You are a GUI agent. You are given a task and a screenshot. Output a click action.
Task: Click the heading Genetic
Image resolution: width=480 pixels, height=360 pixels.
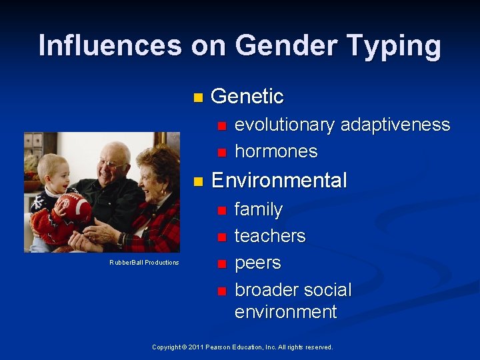pos(247,97)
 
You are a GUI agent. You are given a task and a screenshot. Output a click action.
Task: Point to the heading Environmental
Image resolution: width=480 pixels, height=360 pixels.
pos(279,181)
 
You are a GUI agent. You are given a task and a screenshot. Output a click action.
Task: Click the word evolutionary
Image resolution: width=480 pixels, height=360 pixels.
pos(285,125)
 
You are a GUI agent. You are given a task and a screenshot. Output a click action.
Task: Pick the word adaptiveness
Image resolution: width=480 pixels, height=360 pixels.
pos(395,125)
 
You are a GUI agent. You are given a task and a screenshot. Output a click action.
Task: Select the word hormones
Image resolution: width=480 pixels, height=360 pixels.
pos(276,151)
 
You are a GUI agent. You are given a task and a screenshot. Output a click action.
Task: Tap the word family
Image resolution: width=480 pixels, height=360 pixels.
pos(259,210)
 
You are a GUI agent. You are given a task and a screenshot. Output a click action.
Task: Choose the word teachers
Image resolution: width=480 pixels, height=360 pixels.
pos(270,236)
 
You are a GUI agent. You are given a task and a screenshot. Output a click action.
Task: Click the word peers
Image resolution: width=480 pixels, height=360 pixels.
pos(257,263)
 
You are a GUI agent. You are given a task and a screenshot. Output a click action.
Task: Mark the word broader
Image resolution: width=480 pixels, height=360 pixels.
pos(263,290)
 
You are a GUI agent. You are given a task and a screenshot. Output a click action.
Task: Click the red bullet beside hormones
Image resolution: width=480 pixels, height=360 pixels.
pos(222,152)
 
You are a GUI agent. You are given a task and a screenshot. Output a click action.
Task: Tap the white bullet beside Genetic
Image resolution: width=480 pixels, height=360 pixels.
pos(197,97)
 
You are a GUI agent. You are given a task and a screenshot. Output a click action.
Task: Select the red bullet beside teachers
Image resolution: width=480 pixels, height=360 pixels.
pos(222,237)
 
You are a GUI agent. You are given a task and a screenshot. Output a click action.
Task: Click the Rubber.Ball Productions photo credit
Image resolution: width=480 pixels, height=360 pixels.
pos(144,263)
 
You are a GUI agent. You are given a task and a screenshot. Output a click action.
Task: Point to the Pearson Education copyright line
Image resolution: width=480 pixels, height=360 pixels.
pos(242,347)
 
